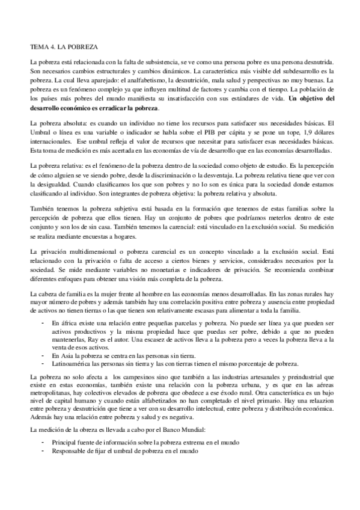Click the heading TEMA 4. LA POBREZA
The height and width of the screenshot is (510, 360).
pyautogui.click(x=64, y=45)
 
